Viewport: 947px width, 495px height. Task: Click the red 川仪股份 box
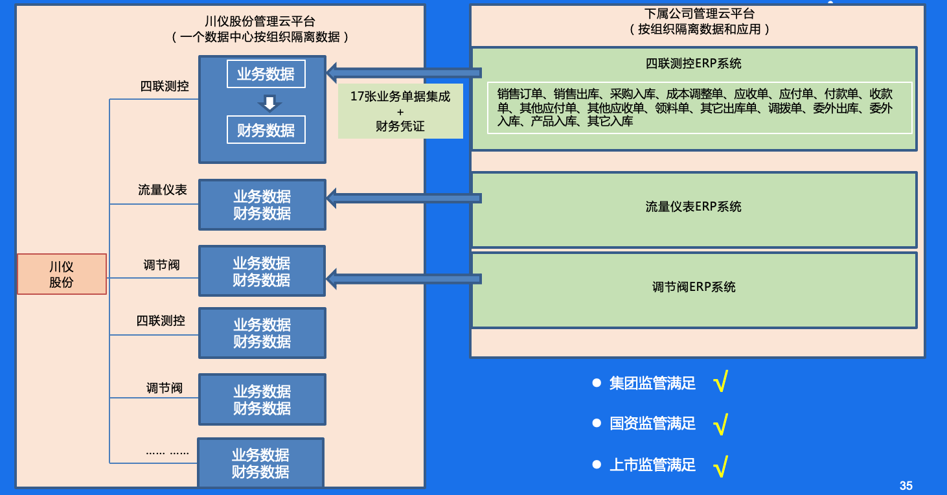pyautogui.click(x=62, y=274)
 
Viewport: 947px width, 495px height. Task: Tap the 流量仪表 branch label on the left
pyautogui.click(x=163, y=190)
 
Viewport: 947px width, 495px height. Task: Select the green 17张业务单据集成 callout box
pyautogui.click(x=400, y=111)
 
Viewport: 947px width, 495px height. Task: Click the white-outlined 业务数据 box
pyautogui.click(x=266, y=74)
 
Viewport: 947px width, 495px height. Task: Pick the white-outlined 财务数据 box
pyautogui.click(x=266, y=130)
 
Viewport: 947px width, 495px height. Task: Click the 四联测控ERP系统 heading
pyautogui.click(x=693, y=63)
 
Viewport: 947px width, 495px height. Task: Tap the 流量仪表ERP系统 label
pyautogui.click(x=693, y=207)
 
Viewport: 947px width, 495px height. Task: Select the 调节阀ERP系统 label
pyautogui.click(x=693, y=287)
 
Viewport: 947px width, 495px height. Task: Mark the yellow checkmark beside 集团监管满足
pyautogui.click(x=720, y=383)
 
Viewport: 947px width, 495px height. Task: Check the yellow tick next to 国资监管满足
pyautogui.click(x=720, y=424)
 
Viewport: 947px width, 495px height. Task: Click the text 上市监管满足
pyautogui.click(x=652, y=465)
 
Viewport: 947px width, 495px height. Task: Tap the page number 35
pyautogui.click(x=906, y=485)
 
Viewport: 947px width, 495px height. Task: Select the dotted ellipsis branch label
pyautogui.click(x=167, y=452)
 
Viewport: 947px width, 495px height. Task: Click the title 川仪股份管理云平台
pyautogui.click(x=260, y=22)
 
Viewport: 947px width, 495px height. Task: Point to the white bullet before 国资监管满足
pyautogui.click(x=597, y=424)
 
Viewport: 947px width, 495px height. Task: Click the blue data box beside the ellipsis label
pyautogui.click(x=260, y=463)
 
